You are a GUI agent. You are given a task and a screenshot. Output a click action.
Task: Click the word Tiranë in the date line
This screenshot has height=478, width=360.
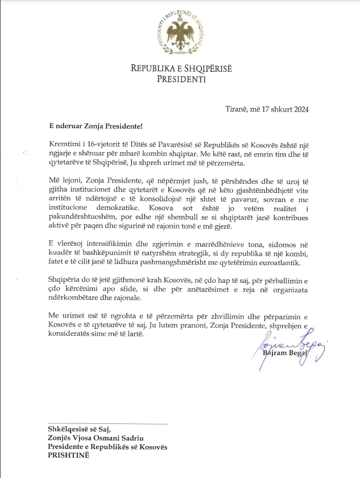pyautogui.click(x=235, y=109)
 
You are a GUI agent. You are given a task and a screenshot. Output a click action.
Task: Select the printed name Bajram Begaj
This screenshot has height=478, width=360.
pyautogui.click(x=284, y=353)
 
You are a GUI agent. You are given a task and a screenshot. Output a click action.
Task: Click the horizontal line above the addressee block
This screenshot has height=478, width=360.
pyautogui.click(x=109, y=424)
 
